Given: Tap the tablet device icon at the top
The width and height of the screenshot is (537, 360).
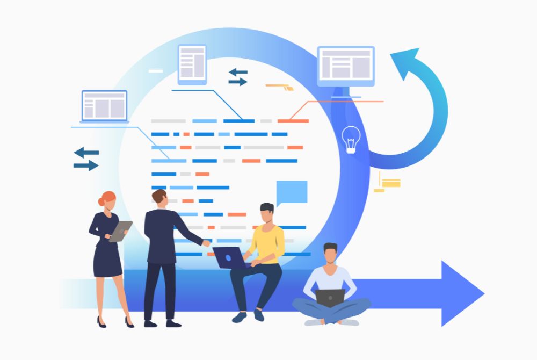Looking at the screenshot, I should pos(192,64).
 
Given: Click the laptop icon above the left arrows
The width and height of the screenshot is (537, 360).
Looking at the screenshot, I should pos(104,106).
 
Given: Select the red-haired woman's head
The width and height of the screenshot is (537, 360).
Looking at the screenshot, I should pos(107,199).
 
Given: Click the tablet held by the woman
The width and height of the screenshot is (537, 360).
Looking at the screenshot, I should pos(120,231).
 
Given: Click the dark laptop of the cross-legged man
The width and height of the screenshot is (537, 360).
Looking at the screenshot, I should pos(330,298).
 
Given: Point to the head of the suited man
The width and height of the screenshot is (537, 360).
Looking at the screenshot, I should pos(160,197).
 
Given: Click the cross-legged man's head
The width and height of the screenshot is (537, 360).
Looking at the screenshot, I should pos(330,254).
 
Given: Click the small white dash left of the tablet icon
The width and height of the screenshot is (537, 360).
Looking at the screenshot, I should pos(156,70).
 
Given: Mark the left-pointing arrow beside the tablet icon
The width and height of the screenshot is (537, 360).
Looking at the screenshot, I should pos(238,71).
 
